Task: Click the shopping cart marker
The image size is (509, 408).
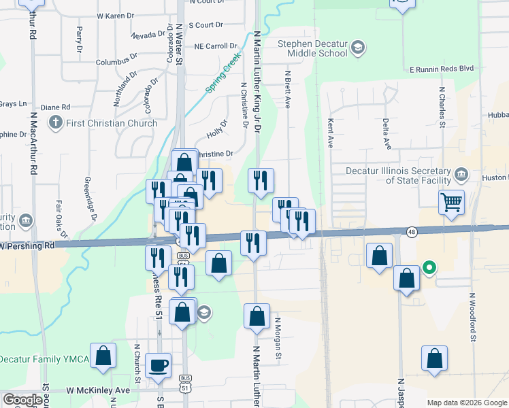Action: point(452,203)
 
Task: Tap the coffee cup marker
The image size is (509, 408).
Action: point(159,366)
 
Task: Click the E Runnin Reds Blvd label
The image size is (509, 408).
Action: point(441,69)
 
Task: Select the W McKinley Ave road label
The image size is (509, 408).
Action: point(97,390)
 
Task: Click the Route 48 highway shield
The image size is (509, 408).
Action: point(412,232)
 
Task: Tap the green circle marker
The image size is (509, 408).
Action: point(429,267)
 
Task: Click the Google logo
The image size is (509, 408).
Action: point(22,400)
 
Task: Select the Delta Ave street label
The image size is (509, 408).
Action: point(386,133)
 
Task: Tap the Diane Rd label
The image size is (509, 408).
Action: point(56,107)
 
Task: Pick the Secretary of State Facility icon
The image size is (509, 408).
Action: point(461,175)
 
